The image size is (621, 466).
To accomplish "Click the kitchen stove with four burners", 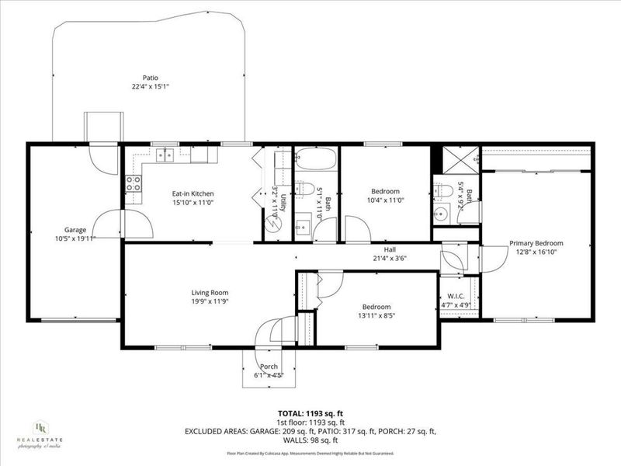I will click(134, 184).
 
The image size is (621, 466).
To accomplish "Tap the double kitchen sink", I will click(165, 155).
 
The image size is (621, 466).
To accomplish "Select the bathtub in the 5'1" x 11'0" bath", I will click(315, 160).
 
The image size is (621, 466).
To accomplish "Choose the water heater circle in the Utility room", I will click(273, 223).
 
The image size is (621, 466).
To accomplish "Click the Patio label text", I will click(151, 78).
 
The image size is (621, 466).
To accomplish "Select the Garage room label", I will click(75, 229).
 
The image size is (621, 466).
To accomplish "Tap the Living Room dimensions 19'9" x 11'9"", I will click(210, 301).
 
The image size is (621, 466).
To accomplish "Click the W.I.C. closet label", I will click(456, 296).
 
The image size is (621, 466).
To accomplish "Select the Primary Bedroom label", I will click(536, 243).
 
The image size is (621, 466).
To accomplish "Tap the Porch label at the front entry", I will click(269, 367).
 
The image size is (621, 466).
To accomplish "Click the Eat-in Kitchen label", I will click(193, 193).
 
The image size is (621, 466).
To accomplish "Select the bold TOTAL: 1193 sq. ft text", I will click(310, 415).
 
